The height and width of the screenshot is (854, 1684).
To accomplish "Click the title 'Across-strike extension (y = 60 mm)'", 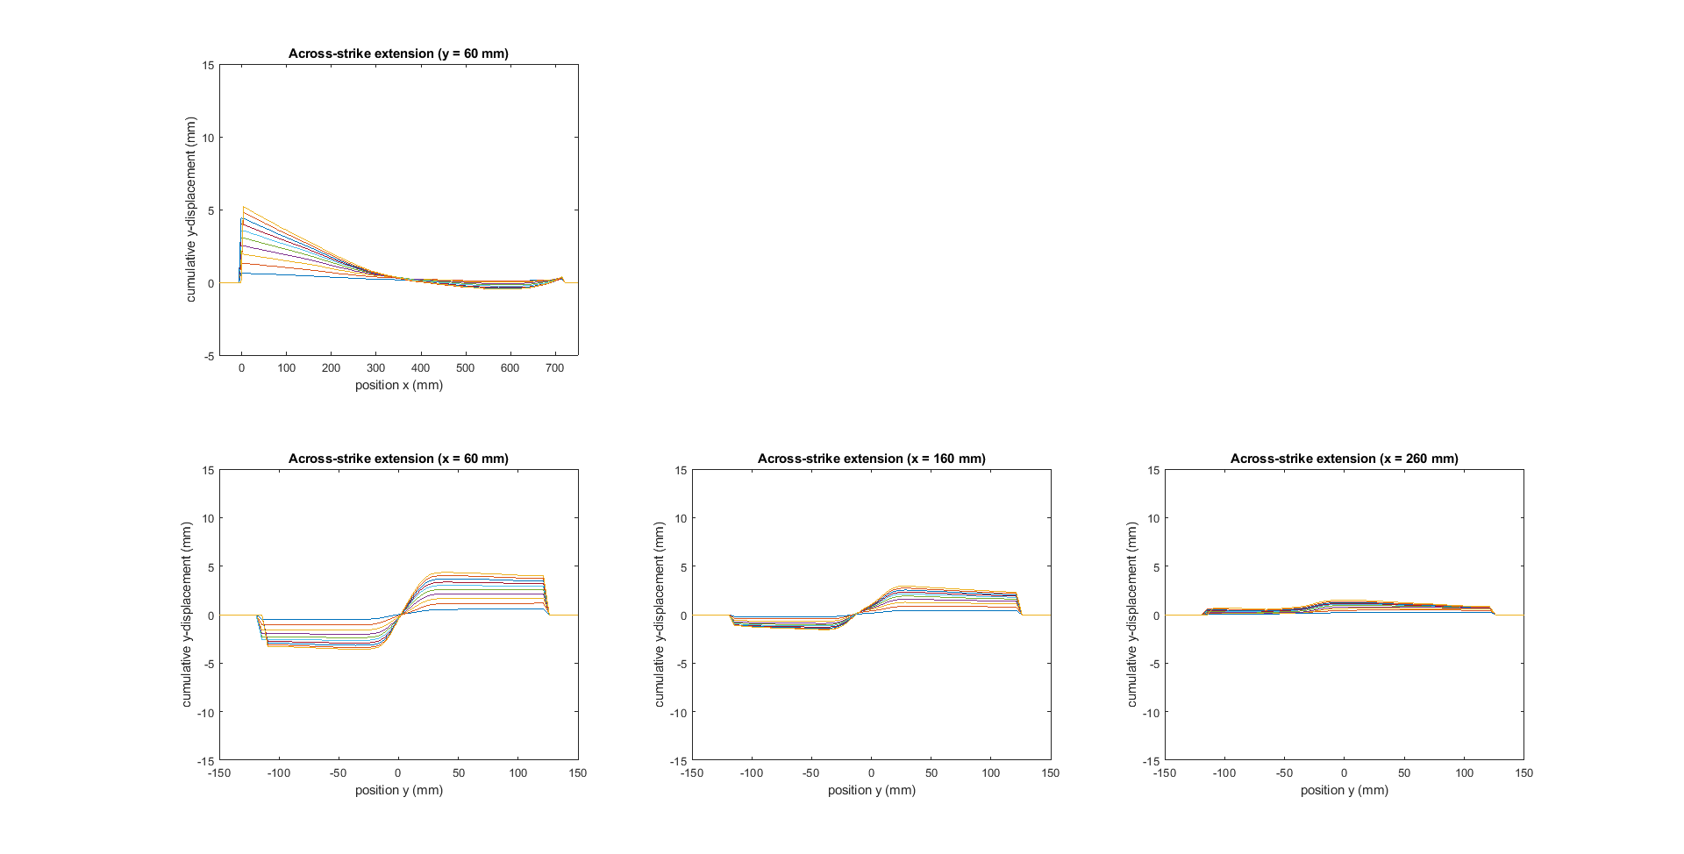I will (x=398, y=53).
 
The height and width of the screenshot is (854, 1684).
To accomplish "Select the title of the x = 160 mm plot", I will (x=871, y=459).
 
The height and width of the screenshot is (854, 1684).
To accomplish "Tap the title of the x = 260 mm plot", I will (x=1344, y=459).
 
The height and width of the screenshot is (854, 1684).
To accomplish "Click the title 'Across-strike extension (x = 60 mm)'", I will (x=398, y=459).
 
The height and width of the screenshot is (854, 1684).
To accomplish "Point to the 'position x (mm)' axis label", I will (x=398, y=385).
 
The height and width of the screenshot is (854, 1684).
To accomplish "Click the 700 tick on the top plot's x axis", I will (x=554, y=368).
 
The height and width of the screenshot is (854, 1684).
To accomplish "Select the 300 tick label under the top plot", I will (x=375, y=368).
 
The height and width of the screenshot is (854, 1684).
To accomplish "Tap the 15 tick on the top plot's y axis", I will (x=208, y=65).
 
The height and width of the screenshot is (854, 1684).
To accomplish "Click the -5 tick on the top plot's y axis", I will (x=209, y=356).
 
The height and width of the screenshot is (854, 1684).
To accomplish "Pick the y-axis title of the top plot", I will (x=191, y=210).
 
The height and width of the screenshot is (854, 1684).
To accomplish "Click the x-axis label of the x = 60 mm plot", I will (x=398, y=790).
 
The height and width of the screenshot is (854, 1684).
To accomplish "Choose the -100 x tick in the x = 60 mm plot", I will (x=278, y=773).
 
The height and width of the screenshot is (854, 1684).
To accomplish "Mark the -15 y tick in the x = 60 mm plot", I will (x=205, y=761).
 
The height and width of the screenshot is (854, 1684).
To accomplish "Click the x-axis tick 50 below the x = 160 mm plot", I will (x=931, y=773).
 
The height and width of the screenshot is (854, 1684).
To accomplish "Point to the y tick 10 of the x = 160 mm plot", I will (x=681, y=518).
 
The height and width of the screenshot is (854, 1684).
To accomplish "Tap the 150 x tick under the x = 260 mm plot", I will (x=1523, y=773).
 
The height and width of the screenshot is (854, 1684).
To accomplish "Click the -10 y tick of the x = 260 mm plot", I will (x=1151, y=713).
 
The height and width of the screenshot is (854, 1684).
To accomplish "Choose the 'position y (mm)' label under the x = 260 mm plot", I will (x=1344, y=790).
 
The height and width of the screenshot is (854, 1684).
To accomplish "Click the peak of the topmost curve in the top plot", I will (x=244, y=207).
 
